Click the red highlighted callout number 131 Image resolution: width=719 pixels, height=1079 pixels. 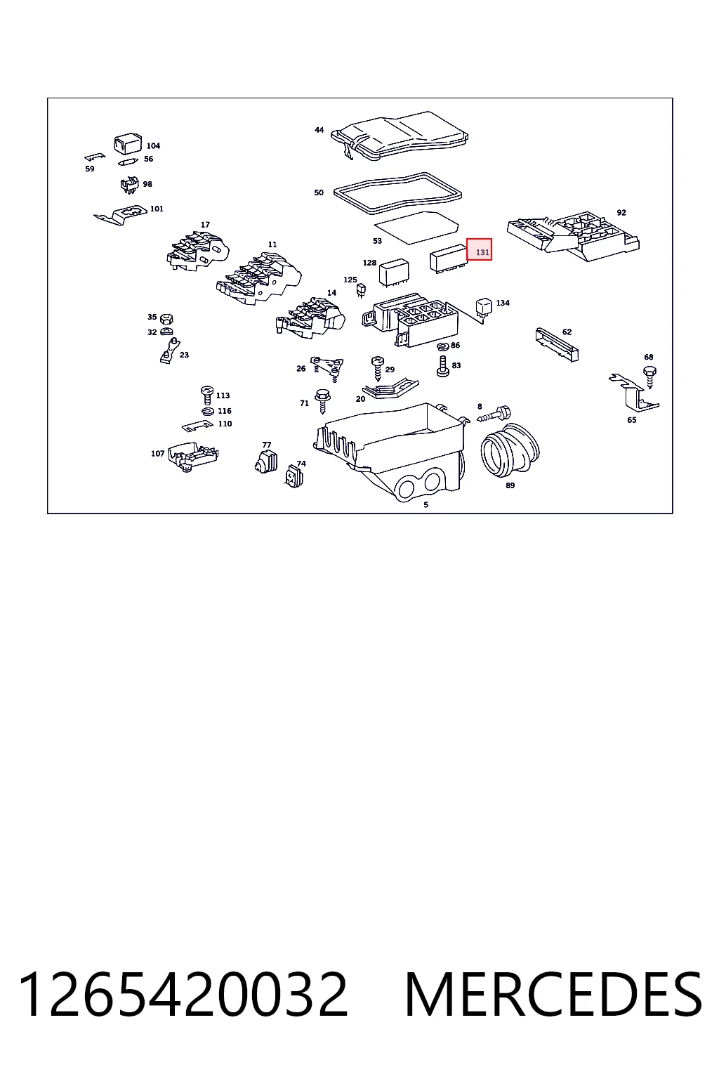[x=482, y=252]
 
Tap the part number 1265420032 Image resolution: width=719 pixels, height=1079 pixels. [x=183, y=995]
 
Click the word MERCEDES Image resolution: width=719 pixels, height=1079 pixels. [x=553, y=995]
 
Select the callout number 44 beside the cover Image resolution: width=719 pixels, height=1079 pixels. [x=319, y=129]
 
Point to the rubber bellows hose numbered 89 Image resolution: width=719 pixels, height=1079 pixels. [x=510, y=450]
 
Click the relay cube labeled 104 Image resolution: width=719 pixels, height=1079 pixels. [x=128, y=143]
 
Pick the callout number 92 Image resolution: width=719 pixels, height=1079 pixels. [x=621, y=212]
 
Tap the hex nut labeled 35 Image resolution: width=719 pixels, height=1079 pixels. [x=166, y=318]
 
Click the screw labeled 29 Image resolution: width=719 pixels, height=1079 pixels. [x=378, y=368]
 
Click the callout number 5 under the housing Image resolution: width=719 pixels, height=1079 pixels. [x=426, y=504]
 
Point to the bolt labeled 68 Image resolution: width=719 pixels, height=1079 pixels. [x=649, y=377]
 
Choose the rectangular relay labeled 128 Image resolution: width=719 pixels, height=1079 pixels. [x=394, y=273]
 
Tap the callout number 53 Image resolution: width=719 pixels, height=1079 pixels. [x=377, y=241]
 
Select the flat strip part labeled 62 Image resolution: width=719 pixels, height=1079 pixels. [x=557, y=345]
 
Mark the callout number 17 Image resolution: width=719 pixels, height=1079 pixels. [x=205, y=225]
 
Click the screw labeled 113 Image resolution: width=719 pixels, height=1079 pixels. [x=207, y=395]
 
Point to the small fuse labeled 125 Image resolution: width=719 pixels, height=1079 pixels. [x=361, y=290]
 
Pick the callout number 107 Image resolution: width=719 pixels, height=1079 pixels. [x=157, y=453]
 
